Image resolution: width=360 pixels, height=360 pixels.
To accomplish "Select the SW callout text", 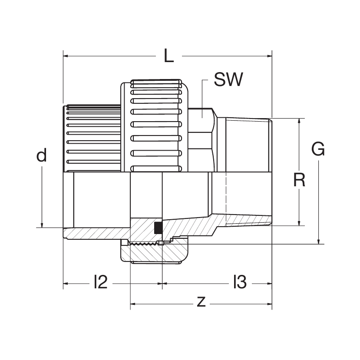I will point(228,80).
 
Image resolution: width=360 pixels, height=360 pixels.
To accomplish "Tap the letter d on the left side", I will point(41,155).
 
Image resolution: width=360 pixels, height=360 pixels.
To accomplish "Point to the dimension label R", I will point(299,179).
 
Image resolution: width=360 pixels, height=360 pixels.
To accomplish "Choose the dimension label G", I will point(318,150).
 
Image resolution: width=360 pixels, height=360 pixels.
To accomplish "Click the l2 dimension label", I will point(100,283).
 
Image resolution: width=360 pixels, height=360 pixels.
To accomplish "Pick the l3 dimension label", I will point(239,283).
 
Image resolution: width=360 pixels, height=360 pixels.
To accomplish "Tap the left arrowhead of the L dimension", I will point(66,56).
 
